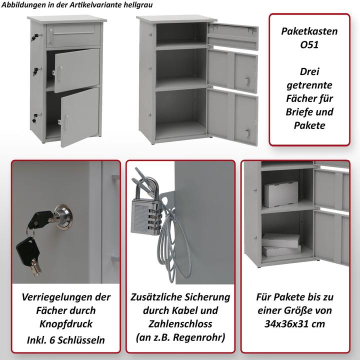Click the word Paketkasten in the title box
(309, 31)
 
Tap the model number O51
(309, 44)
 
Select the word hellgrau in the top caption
(138, 5)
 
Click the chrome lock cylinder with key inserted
(62, 216)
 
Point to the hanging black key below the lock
(28, 255)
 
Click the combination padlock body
(145, 216)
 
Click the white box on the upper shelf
(281, 194)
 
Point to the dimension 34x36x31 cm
(295, 324)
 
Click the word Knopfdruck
(66, 324)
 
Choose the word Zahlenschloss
(180, 324)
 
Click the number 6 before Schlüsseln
(52, 340)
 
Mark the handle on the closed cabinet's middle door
(60, 73)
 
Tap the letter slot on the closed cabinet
(73, 31)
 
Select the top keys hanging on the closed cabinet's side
(36, 36)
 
